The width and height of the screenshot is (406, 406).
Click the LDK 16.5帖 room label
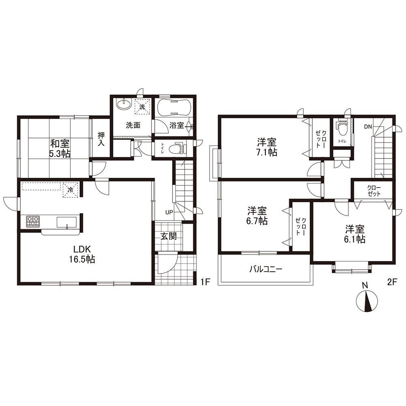pyautogui.click(x=82, y=254)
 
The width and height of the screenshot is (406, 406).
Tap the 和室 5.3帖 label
pyautogui.click(x=60, y=149)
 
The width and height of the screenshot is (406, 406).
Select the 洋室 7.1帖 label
pyautogui.click(x=267, y=147)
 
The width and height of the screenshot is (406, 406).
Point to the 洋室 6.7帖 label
pyautogui.click(x=257, y=216)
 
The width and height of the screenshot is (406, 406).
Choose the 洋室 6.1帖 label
pyautogui.click(x=355, y=234)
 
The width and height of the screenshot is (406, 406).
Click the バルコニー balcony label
pyautogui.click(x=266, y=270)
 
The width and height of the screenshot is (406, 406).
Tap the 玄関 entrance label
pyautogui.click(x=168, y=236)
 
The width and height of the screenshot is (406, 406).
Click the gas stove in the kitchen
pyautogui.click(x=32, y=222)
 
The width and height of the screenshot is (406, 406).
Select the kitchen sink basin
pyautogui.click(x=67, y=222)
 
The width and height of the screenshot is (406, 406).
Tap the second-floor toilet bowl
pyautogui.click(x=342, y=128)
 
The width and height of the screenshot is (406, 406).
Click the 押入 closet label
pyautogui.click(x=101, y=139)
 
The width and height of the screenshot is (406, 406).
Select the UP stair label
pyautogui.click(x=169, y=213)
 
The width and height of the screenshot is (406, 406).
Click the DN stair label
pyautogui.click(x=368, y=127)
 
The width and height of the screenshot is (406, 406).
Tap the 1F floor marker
pyautogui.click(x=205, y=282)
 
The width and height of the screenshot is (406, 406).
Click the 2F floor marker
pyautogui.click(x=392, y=282)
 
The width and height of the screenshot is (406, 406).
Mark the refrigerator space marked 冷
pyautogui.click(x=70, y=190)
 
